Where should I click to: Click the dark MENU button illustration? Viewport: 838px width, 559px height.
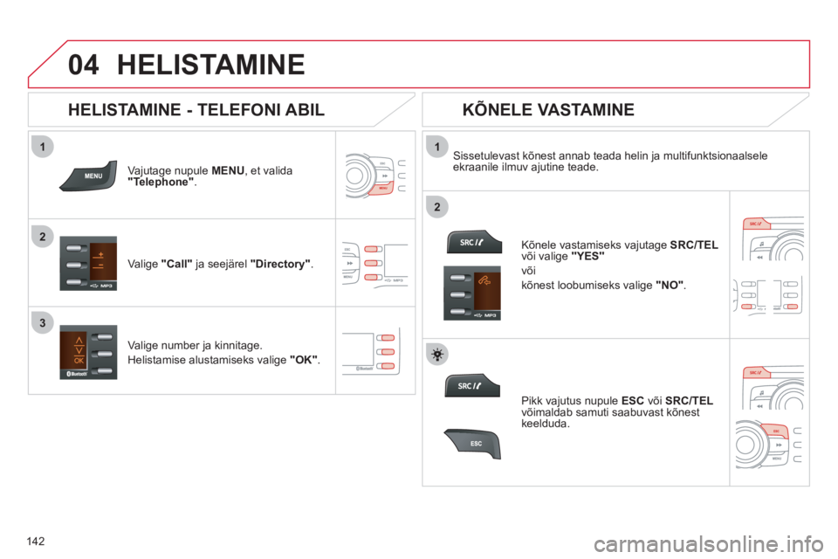[88, 176]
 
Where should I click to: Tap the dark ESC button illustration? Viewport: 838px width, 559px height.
[472, 444]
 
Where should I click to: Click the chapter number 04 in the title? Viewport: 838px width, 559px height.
[84, 65]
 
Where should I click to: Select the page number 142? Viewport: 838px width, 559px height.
[35, 542]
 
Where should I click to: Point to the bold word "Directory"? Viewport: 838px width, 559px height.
[280, 264]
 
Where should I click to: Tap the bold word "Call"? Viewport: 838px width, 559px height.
[176, 264]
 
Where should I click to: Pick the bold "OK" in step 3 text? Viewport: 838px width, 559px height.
[304, 360]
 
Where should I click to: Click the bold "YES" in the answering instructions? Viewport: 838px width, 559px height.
[587, 256]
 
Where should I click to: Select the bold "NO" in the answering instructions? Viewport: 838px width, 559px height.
[670, 285]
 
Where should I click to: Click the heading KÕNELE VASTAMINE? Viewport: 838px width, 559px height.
[548, 110]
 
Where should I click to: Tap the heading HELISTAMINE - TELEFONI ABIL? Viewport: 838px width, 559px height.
[196, 110]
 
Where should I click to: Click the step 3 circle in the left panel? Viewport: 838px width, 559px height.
[43, 322]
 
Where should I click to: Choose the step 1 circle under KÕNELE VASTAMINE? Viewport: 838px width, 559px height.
[437, 147]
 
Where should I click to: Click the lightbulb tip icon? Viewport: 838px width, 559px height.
[437, 355]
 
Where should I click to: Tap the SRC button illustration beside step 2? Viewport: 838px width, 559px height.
[474, 242]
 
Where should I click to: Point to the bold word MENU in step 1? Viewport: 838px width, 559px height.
[228, 170]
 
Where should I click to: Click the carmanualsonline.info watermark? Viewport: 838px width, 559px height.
[708, 544]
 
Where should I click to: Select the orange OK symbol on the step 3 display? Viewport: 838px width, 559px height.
[79, 361]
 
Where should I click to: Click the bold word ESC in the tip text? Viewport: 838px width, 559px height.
[633, 401]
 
